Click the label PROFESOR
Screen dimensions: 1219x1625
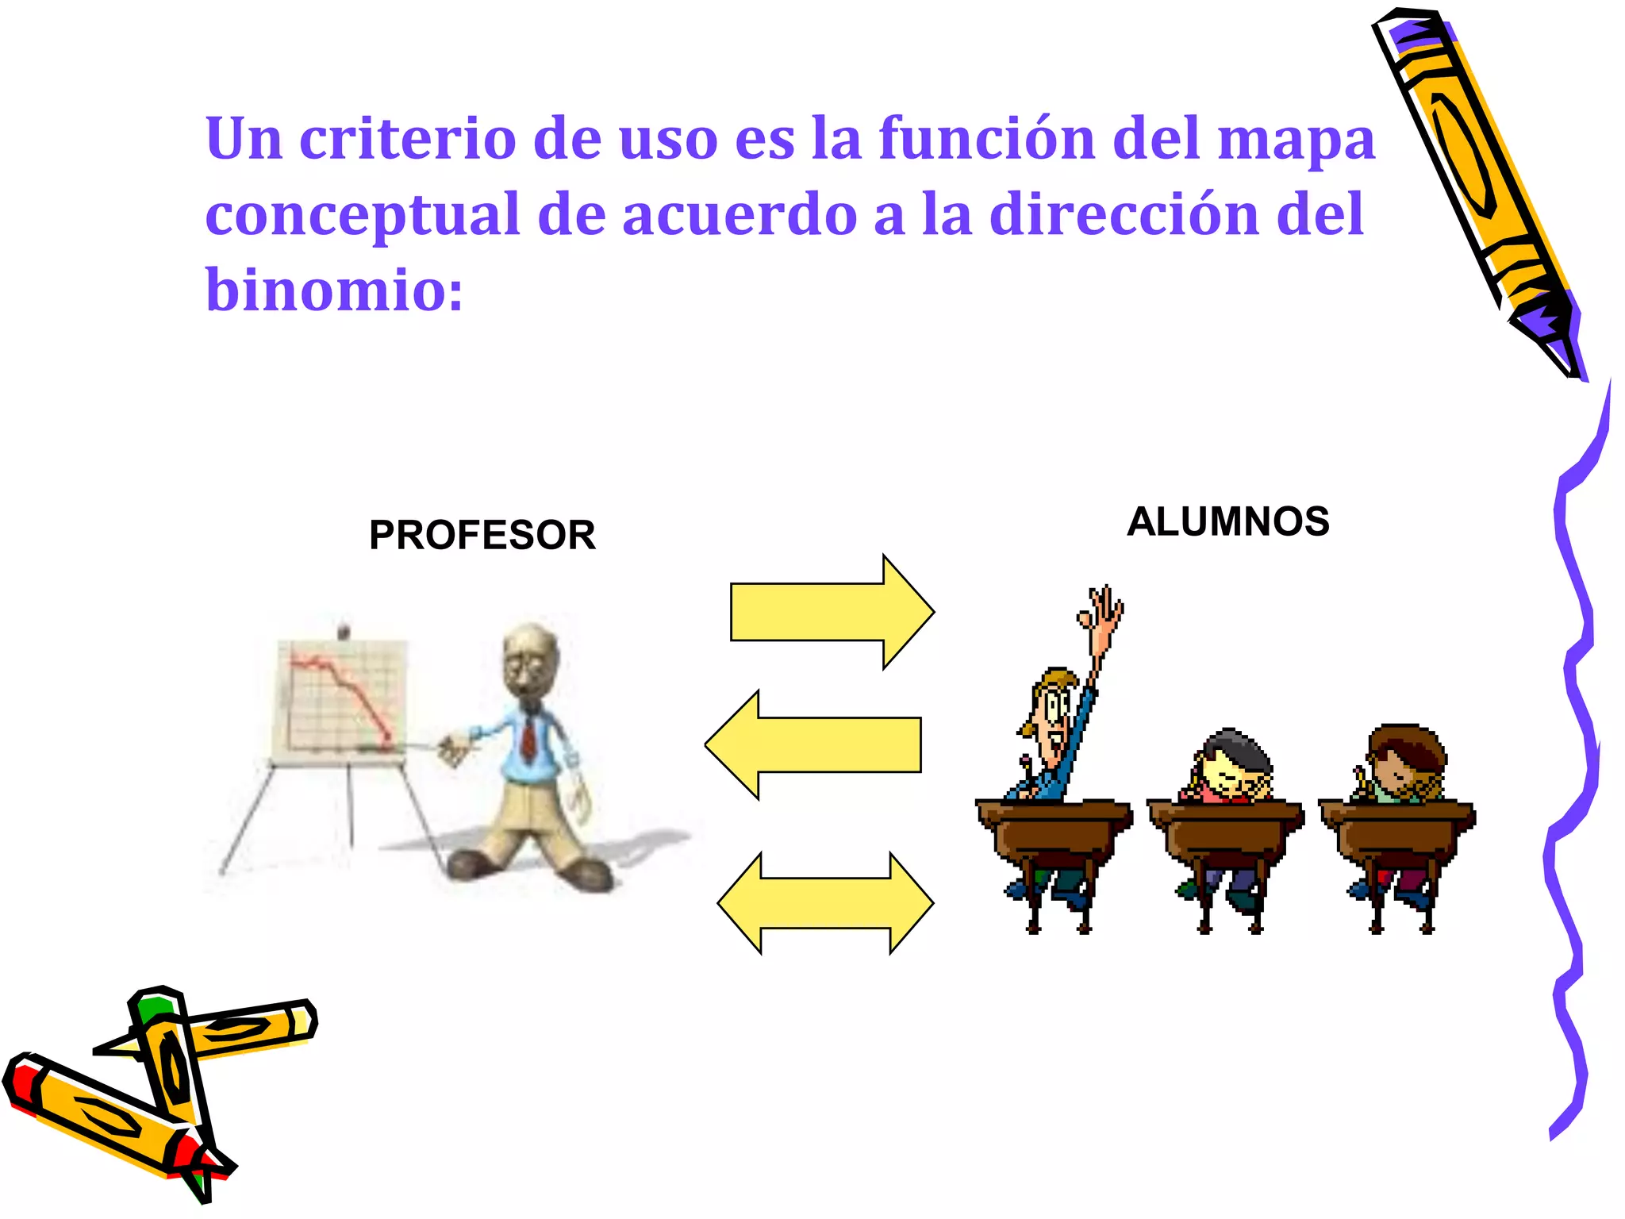tap(482, 535)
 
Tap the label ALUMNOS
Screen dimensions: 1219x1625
tap(1227, 521)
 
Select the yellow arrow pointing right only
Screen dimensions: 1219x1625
tap(832, 612)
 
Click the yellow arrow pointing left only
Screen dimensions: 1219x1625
tap(813, 744)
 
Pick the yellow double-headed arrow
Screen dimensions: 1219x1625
tap(825, 903)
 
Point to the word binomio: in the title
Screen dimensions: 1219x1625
tap(334, 289)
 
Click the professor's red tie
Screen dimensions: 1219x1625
tap(528, 735)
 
